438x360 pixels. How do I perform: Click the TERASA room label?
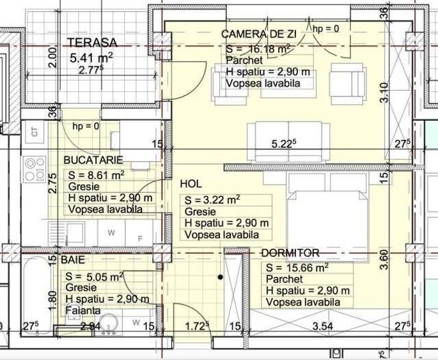click(x=93, y=43)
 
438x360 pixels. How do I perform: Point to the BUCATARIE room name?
click(x=93, y=159)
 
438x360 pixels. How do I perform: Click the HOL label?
click(x=191, y=184)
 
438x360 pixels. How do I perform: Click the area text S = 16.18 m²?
click(x=259, y=49)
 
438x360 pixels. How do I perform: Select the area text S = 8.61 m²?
click(x=96, y=175)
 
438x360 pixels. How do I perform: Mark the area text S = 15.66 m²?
click(x=297, y=268)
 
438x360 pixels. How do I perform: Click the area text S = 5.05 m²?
click(x=95, y=277)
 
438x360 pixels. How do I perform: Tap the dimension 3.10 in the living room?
click(x=384, y=93)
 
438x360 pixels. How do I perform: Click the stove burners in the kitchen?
click(x=30, y=169)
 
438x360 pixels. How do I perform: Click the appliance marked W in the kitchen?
click(x=111, y=233)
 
